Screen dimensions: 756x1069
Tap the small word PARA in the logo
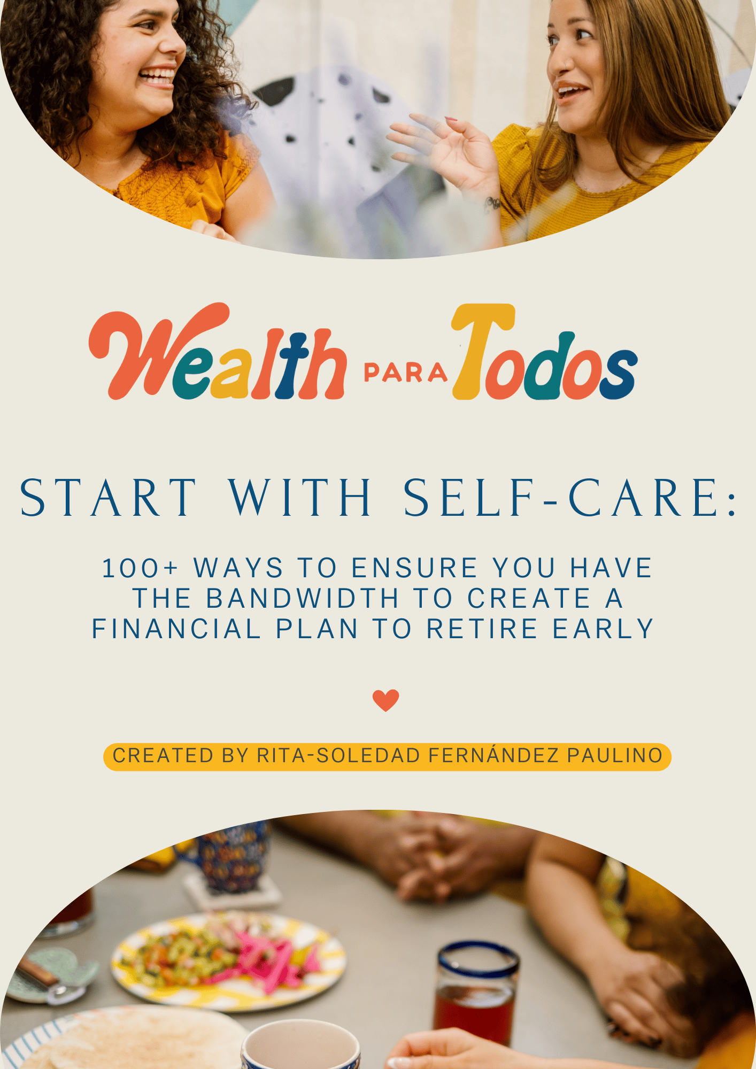(405, 373)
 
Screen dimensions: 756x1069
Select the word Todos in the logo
(545, 352)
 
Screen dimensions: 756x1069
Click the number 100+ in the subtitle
(140, 568)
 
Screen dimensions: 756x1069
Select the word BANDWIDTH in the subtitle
(303, 598)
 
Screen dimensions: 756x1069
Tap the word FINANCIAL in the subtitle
(176, 629)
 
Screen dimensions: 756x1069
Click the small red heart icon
(385, 700)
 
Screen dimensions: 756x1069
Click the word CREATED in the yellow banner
(163, 756)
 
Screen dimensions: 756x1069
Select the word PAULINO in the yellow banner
(615, 756)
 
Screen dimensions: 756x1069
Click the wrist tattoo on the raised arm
(492, 204)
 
